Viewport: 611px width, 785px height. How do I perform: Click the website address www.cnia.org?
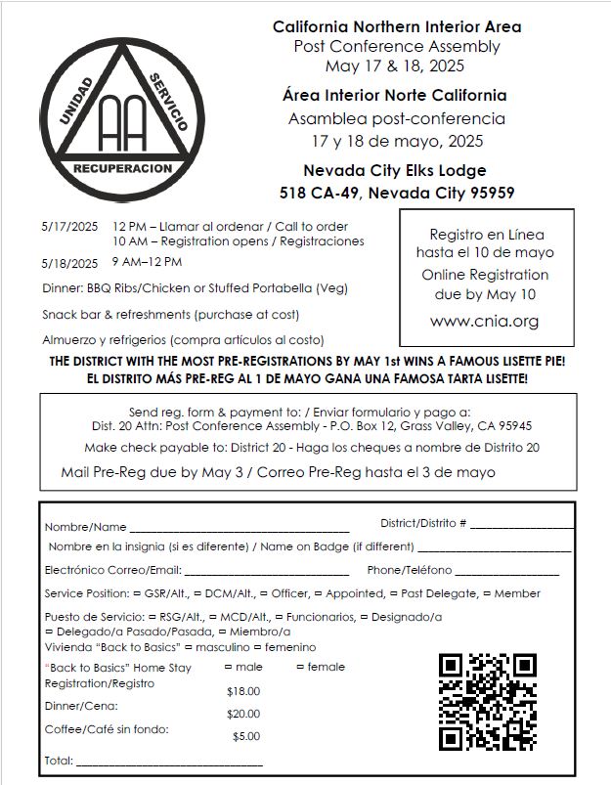pos(484,321)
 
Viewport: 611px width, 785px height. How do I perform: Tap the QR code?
pos(488,701)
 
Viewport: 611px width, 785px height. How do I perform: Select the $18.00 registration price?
pos(243,691)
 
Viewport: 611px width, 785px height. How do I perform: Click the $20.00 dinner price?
pos(243,715)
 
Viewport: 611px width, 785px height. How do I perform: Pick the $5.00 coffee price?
pos(246,737)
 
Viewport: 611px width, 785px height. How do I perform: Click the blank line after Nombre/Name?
pos(240,529)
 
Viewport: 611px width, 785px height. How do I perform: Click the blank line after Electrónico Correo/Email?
pos(266,571)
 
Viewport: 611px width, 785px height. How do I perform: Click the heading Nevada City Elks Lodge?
pos(394,170)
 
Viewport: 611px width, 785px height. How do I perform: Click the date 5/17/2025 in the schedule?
pos(69,226)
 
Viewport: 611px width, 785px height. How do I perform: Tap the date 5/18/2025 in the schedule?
pos(69,263)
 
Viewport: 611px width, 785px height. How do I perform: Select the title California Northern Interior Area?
pos(396,26)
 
